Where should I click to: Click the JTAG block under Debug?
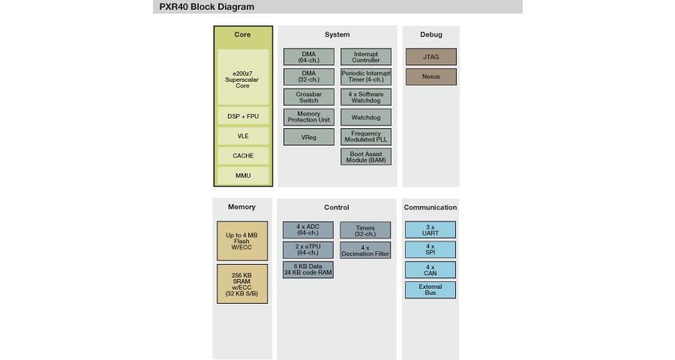(x=431, y=57)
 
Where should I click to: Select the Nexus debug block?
(x=431, y=76)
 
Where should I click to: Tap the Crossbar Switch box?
(x=309, y=97)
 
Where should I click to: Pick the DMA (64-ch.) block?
(x=309, y=57)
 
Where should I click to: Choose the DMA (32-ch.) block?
(x=309, y=76)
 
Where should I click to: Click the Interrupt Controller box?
(x=366, y=57)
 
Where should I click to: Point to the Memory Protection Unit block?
(x=309, y=117)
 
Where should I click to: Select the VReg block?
(x=309, y=137)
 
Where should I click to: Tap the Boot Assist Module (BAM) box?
(x=366, y=157)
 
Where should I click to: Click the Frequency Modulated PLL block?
(x=366, y=137)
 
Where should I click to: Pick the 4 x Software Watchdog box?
(x=366, y=97)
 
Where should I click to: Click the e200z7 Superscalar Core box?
(x=243, y=77)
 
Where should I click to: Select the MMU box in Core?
(x=243, y=175)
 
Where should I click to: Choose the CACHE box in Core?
(x=243, y=155)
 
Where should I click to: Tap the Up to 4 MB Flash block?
(x=242, y=241)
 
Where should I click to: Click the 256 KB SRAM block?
(x=242, y=284)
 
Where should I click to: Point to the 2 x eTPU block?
(x=307, y=250)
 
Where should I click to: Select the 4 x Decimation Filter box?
(x=365, y=250)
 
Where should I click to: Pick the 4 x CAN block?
(x=430, y=270)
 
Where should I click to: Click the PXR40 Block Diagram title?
(x=207, y=7)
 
